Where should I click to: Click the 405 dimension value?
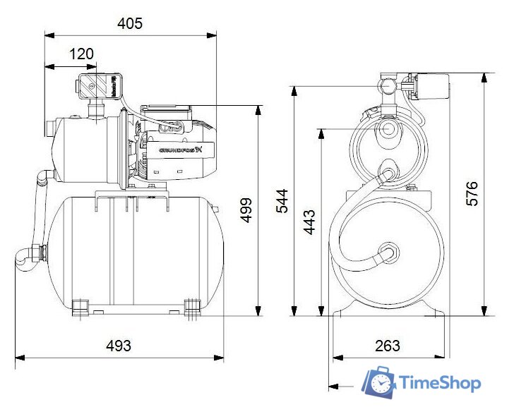click(x=130, y=23)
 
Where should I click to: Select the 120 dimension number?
click(x=82, y=54)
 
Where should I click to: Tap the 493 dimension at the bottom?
click(x=119, y=346)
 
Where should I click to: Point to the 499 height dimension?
click(x=246, y=209)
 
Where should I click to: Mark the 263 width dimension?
click(x=387, y=346)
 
